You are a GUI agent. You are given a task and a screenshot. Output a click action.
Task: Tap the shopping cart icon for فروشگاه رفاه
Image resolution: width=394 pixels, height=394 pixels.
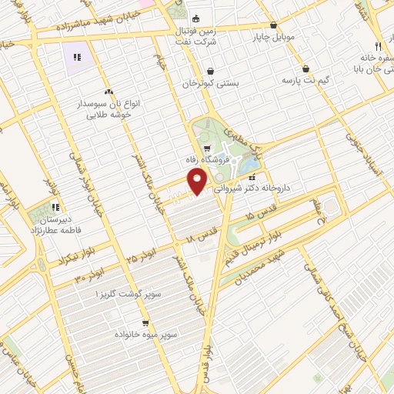[207, 149]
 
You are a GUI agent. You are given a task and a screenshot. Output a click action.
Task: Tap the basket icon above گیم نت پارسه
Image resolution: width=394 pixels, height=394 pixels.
[306, 68]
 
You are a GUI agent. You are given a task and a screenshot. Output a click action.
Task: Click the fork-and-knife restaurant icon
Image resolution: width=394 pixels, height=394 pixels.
[378, 46]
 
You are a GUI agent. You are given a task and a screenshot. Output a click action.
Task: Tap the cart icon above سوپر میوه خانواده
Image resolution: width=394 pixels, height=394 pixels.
[145, 324]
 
